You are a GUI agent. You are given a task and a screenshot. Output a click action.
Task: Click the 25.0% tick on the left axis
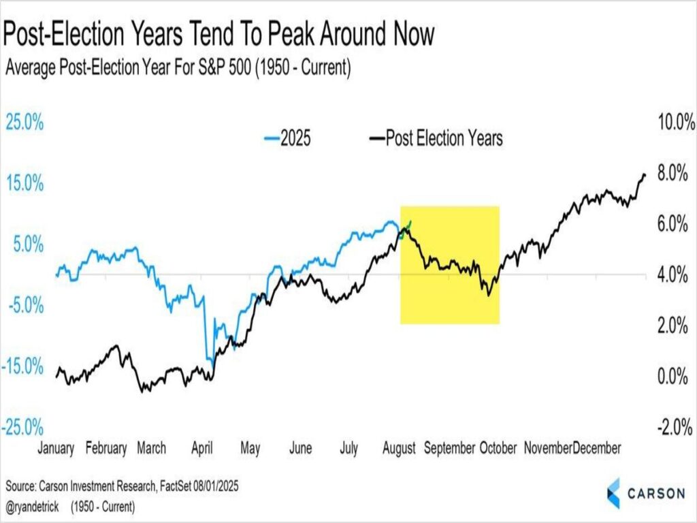25,123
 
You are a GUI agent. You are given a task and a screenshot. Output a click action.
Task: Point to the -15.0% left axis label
25,367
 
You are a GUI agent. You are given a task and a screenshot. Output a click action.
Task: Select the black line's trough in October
488,294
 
